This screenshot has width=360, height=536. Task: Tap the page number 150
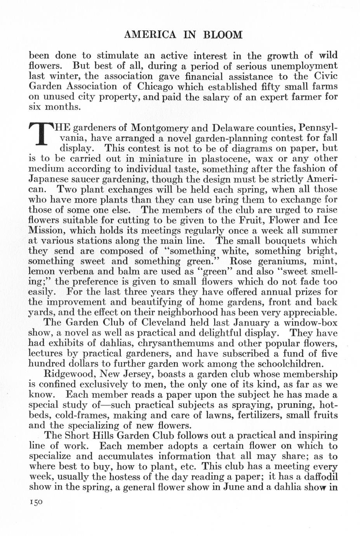coord(36,501)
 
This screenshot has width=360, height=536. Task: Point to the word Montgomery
coord(159,128)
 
